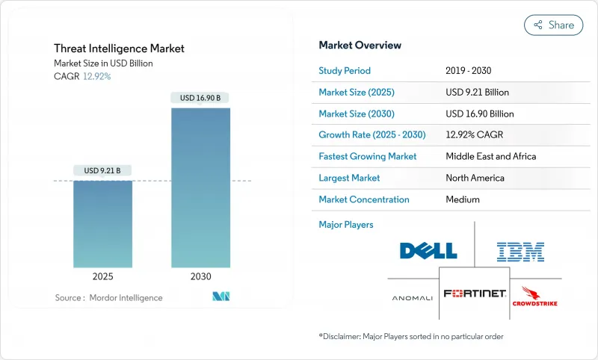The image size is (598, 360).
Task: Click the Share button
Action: pyautogui.click(x=553, y=25)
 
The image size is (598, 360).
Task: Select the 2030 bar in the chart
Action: pyautogui.click(x=200, y=187)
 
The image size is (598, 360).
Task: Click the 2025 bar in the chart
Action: pyautogui.click(x=102, y=223)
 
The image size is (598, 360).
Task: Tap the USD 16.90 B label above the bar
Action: pyautogui.click(x=200, y=98)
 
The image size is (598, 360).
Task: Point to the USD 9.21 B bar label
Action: pyautogui.click(x=102, y=170)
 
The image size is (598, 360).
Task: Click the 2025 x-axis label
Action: pyautogui.click(x=102, y=276)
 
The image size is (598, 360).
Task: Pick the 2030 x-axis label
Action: pyautogui.click(x=200, y=276)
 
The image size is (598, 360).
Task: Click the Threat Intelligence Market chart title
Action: pyautogui.click(x=119, y=49)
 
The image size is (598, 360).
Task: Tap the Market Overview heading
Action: pyautogui.click(x=360, y=46)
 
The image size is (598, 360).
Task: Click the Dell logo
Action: pyautogui.click(x=428, y=251)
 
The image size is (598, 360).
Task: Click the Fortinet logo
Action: pyautogui.click(x=474, y=294)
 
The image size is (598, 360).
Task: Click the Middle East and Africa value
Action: pyautogui.click(x=490, y=157)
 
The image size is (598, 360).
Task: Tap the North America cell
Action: pyautogui.click(x=475, y=178)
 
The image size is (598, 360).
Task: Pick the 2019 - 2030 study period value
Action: pyautogui.click(x=469, y=71)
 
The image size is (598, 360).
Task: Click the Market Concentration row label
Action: pyautogui.click(x=364, y=199)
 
